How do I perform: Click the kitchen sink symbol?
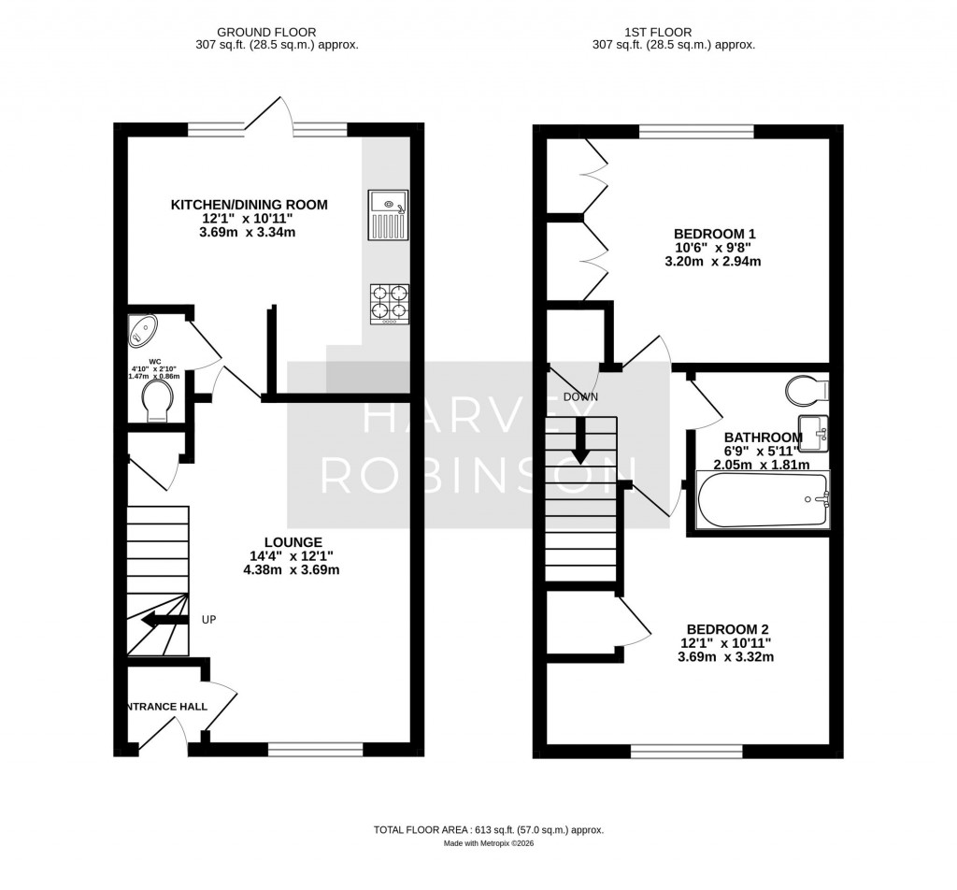point(388,214)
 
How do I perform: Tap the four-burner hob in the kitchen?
point(390,304)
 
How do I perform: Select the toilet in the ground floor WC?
point(157,404)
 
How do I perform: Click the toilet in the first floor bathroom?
point(805,388)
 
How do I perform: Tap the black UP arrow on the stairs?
point(161,620)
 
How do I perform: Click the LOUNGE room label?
point(293,542)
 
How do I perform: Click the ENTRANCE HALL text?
point(167,707)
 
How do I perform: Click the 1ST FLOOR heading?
point(674,31)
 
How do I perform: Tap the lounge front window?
point(315,749)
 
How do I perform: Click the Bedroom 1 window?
point(696,131)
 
